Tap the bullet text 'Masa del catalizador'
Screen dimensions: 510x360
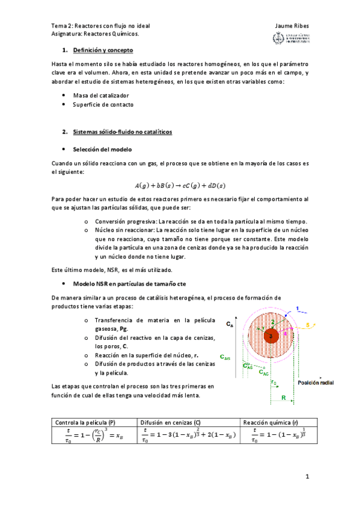[101, 95]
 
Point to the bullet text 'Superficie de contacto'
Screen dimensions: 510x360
[103, 104]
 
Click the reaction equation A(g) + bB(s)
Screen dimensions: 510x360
[180, 185]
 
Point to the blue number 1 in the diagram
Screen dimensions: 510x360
[297, 310]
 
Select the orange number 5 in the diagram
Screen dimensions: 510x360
[308, 326]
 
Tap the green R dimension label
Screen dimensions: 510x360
[282, 397]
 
